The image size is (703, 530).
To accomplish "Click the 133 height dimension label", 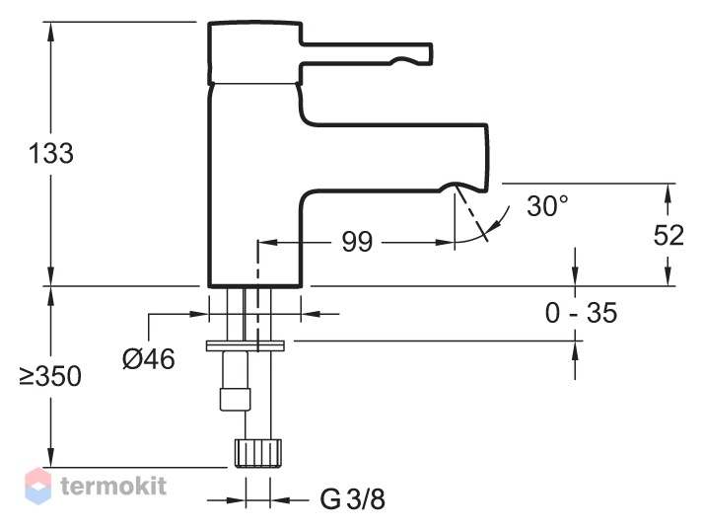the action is coord(50,153).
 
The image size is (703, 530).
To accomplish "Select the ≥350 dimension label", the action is coord(50,376).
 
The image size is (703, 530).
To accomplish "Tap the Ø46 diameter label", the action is coord(149,359).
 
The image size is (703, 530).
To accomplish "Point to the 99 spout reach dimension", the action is coord(357,242).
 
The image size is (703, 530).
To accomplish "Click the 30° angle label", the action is coord(547,206).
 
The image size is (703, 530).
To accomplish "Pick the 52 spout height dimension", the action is coord(668,235).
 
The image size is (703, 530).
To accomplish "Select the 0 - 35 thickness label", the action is coord(581,313).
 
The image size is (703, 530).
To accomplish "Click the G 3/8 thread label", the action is coord(353,499).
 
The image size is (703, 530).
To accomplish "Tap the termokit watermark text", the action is coord(113,486).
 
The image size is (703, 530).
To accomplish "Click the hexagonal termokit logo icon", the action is coord(37,486).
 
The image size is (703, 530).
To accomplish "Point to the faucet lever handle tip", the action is coord(431,53).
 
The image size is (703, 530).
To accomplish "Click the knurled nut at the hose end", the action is coord(257,453).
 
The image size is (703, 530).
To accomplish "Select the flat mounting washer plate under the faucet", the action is coord(246,345).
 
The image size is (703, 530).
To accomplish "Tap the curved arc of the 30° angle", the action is coord(486,229).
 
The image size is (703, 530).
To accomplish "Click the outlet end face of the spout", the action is coord(485,157).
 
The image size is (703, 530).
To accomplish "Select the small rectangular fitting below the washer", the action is coord(235,400).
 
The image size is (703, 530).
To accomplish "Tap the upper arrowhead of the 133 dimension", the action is coord(50,33).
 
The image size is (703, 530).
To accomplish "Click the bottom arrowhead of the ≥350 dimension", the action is coord(50,456).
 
